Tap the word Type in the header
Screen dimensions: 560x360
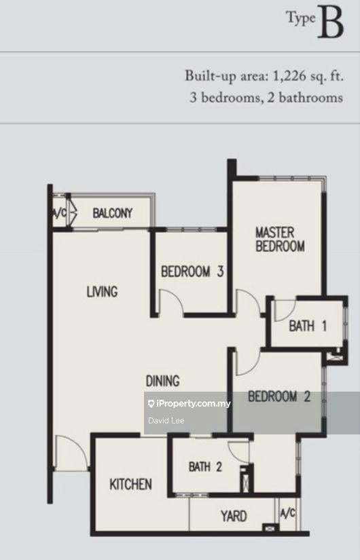coord(300,20)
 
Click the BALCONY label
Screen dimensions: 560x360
coord(113,214)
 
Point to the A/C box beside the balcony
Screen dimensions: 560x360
coord(60,214)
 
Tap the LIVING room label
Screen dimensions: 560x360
coord(102,292)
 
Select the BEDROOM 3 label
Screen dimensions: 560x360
coord(192,272)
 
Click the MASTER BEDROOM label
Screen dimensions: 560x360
coord(279,240)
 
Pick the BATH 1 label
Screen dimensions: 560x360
coord(308,326)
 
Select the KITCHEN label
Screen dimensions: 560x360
coord(130,484)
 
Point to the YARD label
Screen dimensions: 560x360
coord(233,517)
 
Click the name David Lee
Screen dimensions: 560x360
coord(162,421)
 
